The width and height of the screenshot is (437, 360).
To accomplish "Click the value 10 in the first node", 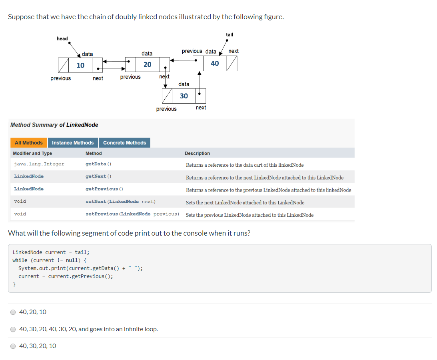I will [80, 65].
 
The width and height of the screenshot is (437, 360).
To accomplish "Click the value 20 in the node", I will [147, 64].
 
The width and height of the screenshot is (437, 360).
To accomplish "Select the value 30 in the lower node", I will [184, 96].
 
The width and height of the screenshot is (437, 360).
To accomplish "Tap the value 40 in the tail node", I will [215, 64].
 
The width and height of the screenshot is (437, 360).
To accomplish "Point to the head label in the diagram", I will [62, 38].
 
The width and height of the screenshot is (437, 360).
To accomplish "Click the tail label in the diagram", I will [229, 35].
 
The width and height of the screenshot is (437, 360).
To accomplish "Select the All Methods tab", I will [28, 143].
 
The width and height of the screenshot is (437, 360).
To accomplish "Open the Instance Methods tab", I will [73, 143].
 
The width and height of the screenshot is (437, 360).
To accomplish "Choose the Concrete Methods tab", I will [125, 143].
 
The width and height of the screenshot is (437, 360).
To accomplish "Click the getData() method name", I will [98, 164].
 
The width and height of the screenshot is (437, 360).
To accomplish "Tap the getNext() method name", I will [98, 176].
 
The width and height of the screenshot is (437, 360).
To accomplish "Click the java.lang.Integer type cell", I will [39, 164].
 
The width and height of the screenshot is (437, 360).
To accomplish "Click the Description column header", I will [197, 153].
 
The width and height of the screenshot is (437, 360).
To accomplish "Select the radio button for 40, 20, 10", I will [13, 312].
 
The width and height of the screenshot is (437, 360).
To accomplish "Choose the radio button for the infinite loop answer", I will [13, 329].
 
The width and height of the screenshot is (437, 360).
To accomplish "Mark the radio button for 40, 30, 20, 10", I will [13, 346].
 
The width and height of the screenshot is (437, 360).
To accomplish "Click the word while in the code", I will [20, 260].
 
